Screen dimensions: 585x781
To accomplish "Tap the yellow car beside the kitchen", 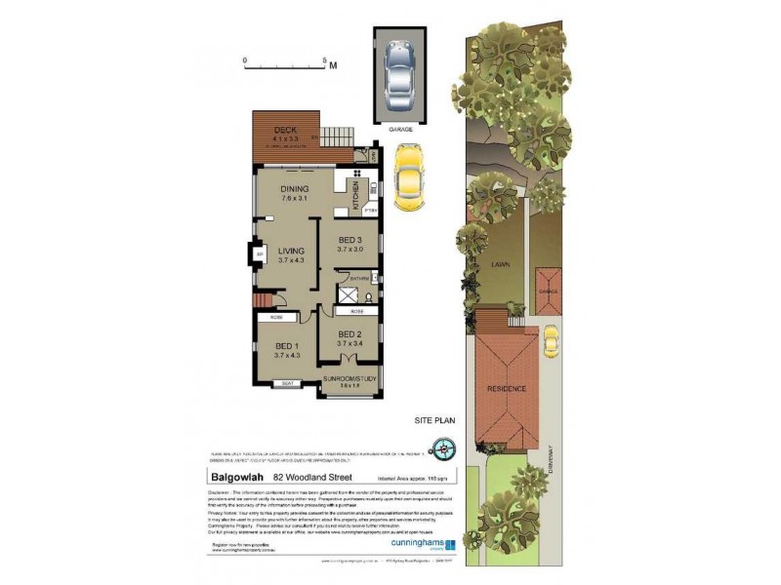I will (x=408, y=176).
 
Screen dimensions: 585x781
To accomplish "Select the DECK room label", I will (x=285, y=131).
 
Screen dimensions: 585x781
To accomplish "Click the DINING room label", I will (x=294, y=190).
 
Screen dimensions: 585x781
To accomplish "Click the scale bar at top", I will (x=285, y=62).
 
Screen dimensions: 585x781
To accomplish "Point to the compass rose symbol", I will (x=448, y=449).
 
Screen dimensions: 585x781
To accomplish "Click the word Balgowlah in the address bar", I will (x=237, y=477).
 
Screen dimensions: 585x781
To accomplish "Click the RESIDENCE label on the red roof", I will (x=507, y=388).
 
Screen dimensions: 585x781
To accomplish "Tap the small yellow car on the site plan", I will (x=552, y=340).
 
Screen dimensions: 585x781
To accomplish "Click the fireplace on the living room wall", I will (x=259, y=255).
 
